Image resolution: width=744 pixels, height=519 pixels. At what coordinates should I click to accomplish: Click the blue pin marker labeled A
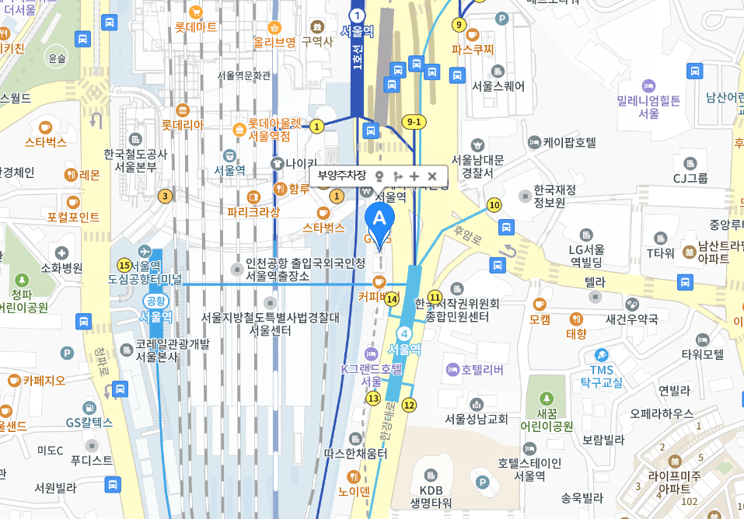tap(380, 221)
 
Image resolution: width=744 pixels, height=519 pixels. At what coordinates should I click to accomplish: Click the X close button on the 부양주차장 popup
tap(432, 176)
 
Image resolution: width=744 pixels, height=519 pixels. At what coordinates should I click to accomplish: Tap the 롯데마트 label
tap(196, 27)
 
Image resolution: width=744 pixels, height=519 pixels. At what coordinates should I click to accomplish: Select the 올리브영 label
tap(274, 41)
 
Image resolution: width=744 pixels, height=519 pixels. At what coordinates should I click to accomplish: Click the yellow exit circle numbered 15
tap(122, 266)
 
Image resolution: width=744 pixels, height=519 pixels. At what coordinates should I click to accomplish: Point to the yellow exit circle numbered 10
tap(494, 205)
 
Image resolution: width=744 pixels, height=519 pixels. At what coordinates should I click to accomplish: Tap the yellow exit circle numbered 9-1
tap(414, 121)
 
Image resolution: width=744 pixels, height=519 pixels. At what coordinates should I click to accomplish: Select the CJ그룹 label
tap(690, 178)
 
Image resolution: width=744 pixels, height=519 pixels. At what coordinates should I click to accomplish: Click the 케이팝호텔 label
tap(569, 142)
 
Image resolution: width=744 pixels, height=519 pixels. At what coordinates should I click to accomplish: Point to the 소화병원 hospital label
tap(61, 268)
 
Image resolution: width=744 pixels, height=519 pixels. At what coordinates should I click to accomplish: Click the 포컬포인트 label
tap(73, 217)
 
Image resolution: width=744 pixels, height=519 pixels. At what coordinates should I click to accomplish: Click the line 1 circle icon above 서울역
tap(357, 16)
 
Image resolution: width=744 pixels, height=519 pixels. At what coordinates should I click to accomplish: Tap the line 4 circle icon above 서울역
tap(404, 334)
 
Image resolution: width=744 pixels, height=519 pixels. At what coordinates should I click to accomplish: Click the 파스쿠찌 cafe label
tap(473, 49)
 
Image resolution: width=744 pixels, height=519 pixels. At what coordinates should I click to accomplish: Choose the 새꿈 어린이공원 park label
tap(546, 420)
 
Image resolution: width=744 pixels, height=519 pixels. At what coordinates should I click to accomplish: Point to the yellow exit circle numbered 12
tap(409, 404)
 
